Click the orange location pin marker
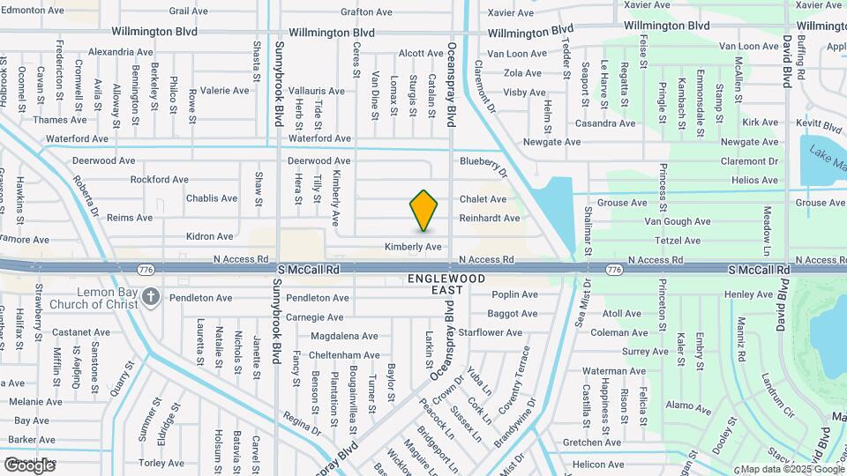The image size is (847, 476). coord(423,211)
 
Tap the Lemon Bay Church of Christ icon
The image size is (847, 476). coord(152,297)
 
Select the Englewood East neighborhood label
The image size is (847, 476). coord(446,284)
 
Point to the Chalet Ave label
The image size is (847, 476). coord(481,199)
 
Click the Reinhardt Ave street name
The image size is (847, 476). coord(490,218)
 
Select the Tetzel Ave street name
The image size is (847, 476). coord(678,240)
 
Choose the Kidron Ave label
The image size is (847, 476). coord(210,236)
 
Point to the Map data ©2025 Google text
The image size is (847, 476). coord(791,469)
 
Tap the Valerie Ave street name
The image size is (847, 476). coord(224,91)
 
